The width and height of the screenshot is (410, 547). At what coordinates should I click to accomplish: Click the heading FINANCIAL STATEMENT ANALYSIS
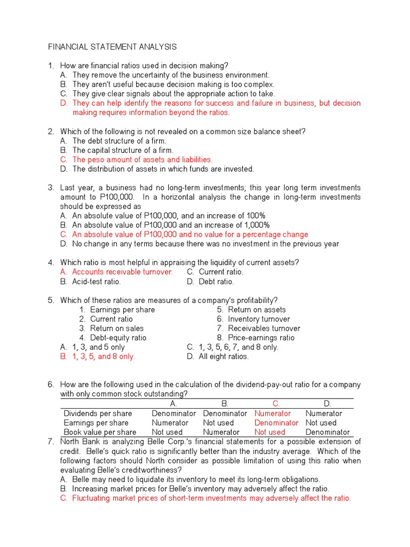pos(112,47)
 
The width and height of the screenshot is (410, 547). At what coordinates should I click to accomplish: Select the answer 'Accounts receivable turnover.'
pos(122,272)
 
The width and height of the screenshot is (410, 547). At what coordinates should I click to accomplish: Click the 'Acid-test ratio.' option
pos(97,282)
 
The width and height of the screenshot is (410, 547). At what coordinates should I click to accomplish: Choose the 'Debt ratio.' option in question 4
pos(216,282)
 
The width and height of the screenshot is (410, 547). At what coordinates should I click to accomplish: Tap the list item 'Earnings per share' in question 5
pos(122,310)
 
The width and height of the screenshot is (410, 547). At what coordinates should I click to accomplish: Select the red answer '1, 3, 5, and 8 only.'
pos(104,356)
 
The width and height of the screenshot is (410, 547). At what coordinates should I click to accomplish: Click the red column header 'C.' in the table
pos(276,404)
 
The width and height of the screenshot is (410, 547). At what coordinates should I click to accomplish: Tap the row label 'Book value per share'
pos(100,432)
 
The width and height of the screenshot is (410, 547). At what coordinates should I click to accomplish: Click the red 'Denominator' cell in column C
pos(276,423)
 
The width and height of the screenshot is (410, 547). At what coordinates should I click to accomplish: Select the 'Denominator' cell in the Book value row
pos(327,432)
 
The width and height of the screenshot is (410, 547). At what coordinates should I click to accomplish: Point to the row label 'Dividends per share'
pos(98,413)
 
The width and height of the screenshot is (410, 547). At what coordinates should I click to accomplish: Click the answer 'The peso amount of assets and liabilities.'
pos(142,160)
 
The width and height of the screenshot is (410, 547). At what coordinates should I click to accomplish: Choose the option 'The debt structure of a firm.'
pos(119,141)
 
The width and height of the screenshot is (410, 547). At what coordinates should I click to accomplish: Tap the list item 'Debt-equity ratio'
pos(118,338)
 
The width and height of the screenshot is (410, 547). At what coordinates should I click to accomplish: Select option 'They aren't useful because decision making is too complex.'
pos(173,84)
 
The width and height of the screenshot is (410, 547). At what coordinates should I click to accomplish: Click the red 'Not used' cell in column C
pos(270,432)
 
